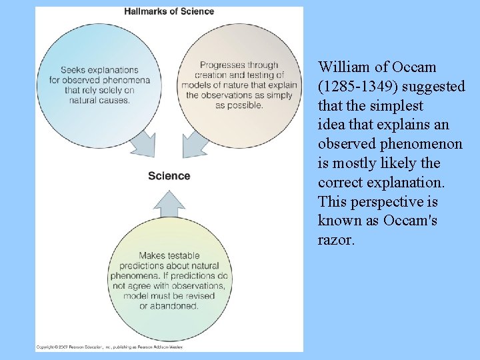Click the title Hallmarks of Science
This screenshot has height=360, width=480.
click(169, 11)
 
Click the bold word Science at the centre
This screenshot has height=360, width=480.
click(169, 176)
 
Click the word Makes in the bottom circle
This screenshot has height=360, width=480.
click(151, 255)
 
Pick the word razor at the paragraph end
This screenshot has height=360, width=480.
click(335, 240)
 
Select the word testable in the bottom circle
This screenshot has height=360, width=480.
click(183, 255)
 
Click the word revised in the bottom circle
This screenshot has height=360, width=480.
click(197, 296)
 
